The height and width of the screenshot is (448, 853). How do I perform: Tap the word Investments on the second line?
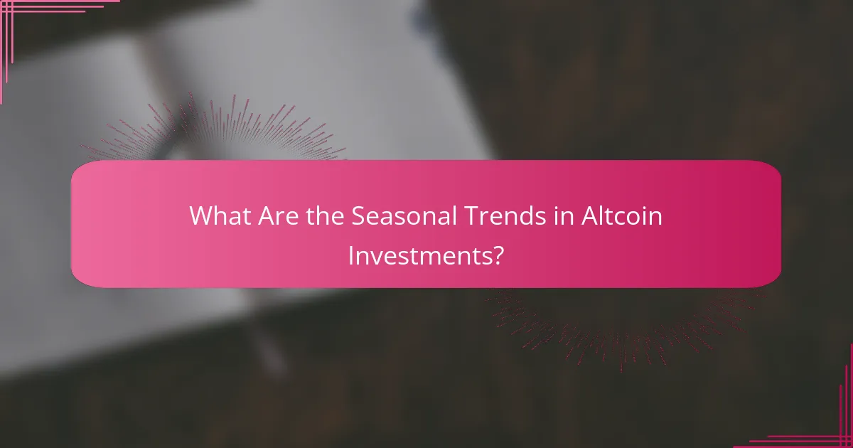click(x=419, y=254)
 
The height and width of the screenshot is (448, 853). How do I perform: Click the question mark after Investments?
click(x=499, y=254)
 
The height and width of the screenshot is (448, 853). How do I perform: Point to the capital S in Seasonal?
click(x=359, y=216)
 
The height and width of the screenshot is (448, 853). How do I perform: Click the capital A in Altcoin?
click(x=590, y=216)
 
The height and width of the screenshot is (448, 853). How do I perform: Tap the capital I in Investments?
click(x=351, y=254)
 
